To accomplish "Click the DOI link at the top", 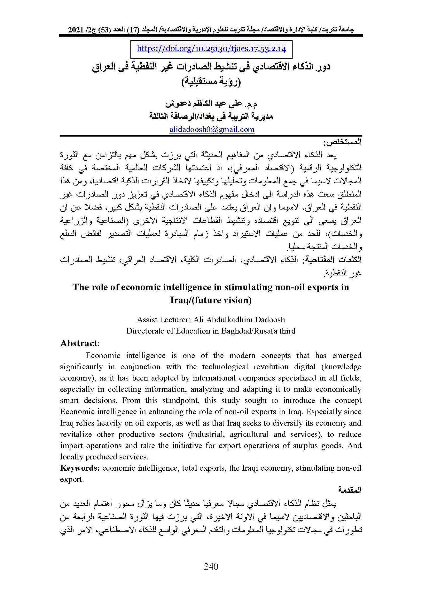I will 211,49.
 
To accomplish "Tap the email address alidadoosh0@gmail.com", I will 212,129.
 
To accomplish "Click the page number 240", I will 211,566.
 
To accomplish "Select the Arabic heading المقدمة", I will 350,490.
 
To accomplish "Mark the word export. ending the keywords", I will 72,479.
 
